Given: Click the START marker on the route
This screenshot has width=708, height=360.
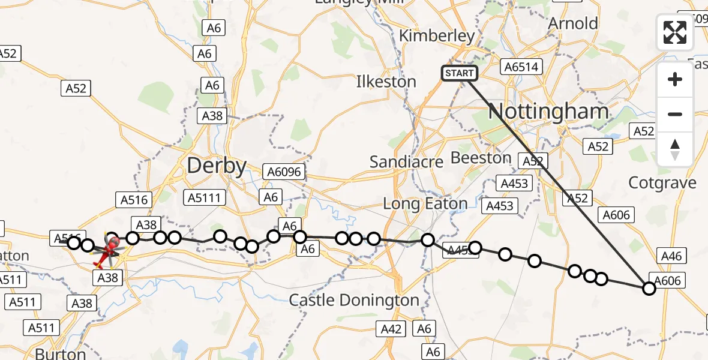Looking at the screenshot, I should pos(460,73).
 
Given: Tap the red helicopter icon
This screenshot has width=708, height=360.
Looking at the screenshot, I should pos(109,250).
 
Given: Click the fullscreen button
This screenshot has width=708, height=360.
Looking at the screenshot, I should pos(675,32).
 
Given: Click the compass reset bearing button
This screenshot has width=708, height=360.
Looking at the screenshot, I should pos(675,149).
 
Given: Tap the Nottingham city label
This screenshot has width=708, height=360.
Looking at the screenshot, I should pos(549,111).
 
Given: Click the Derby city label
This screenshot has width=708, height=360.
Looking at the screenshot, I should pos(217,166).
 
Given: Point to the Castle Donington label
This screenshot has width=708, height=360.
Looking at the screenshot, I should pos(354,300).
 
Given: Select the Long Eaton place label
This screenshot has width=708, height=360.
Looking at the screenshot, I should pos(425,204).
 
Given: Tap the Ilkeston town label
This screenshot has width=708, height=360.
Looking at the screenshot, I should pos(386,82).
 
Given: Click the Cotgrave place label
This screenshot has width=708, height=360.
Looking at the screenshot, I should pos(662,182).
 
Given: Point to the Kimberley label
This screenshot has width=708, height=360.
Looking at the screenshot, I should pos(437,36).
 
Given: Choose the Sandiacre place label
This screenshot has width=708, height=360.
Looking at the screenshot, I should pos(406,161).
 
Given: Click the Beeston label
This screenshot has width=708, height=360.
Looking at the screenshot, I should pos(481,158).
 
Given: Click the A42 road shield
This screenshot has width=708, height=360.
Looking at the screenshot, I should pos(391,328).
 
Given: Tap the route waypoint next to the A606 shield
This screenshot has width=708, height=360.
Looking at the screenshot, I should pos(649,289).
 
